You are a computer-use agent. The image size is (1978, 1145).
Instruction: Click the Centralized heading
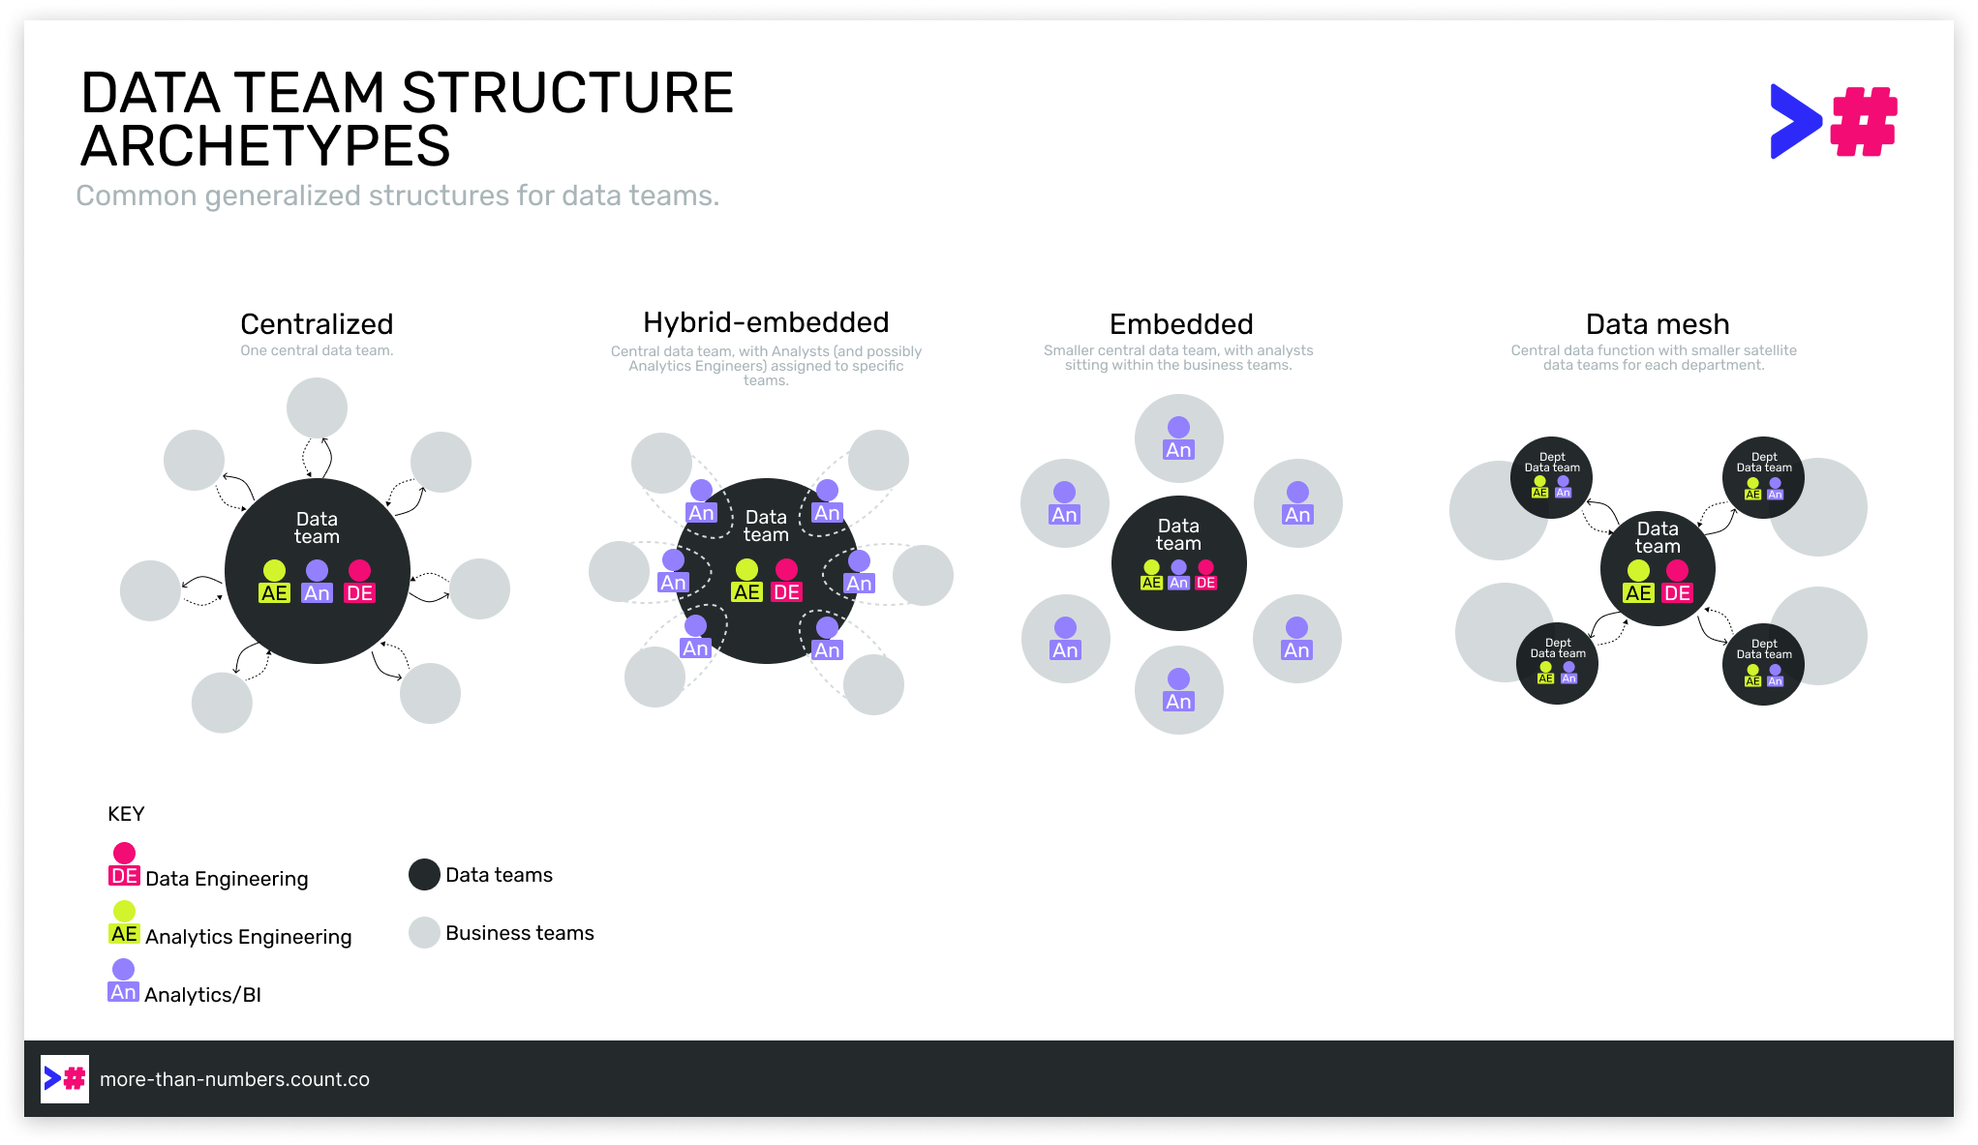317,324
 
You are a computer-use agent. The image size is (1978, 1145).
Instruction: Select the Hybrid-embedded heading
766,322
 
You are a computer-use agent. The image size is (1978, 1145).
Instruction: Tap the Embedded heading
1181,324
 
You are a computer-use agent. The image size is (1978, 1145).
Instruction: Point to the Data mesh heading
1657,324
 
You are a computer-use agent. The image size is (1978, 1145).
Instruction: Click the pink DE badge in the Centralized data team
359,593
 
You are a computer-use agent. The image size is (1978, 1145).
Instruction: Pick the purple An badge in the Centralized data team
317,593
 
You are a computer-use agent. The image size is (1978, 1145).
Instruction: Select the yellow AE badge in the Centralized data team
274,593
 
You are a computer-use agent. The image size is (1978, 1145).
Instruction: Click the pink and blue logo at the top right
1833,122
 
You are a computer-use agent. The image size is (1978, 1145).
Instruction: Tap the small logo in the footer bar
65,1078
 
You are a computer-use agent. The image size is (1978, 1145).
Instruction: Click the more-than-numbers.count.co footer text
234,1079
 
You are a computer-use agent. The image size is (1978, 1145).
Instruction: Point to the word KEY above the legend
126,814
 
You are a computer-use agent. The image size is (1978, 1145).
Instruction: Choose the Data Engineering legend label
227,879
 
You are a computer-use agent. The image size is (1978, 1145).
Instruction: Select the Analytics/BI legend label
202,995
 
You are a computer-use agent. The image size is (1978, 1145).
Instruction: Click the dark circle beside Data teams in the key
424,875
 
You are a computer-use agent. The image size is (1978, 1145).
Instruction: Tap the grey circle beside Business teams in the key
424,933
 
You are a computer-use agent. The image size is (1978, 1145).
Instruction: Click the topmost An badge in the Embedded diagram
1178,450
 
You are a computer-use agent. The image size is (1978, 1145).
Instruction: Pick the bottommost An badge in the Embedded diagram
1178,702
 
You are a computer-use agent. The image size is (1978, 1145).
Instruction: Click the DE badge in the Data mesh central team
1677,593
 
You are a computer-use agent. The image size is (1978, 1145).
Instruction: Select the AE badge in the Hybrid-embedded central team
746,592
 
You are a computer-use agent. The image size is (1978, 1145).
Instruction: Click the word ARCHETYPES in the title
265,146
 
